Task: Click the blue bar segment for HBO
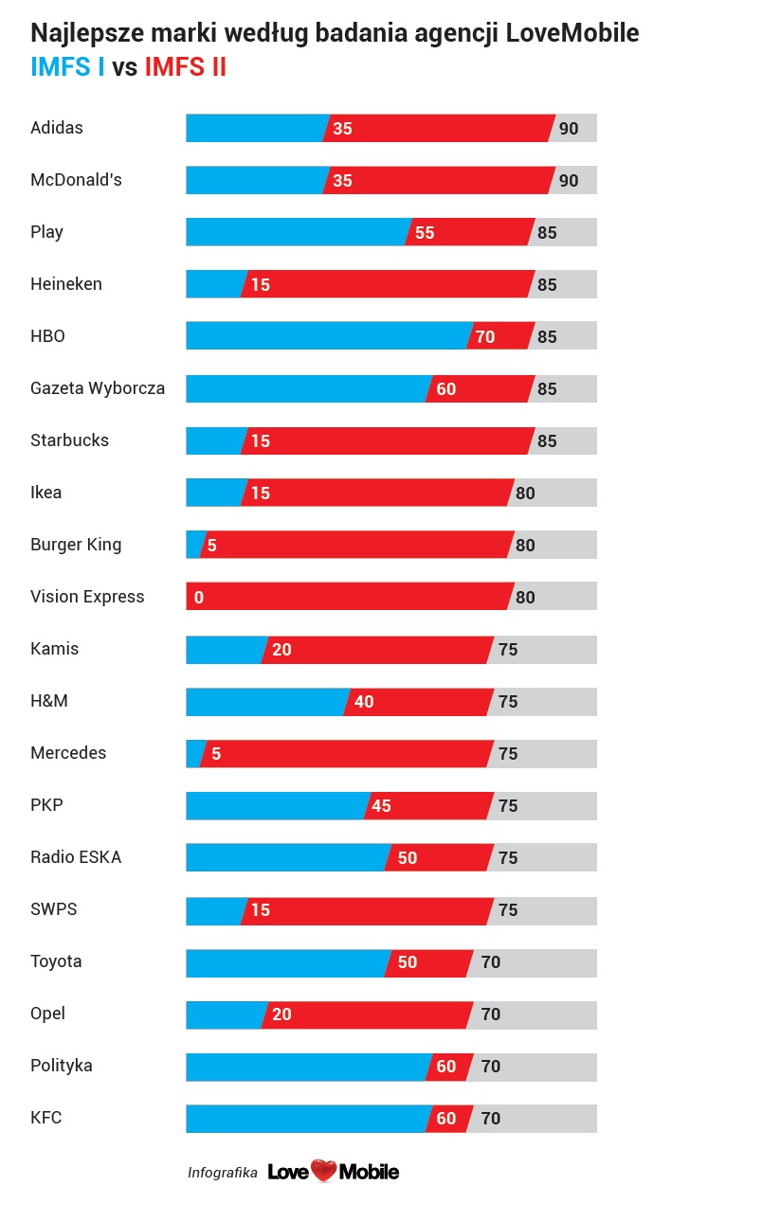(x=327, y=336)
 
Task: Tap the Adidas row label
(x=57, y=128)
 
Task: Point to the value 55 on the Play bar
(x=425, y=233)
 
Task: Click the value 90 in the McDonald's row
(x=569, y=181)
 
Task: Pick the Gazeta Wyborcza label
(x=98, y=388)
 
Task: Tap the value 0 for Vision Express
(x=199, y=598)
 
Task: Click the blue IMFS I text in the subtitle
(x=67, y=68)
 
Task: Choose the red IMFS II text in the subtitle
(x=185, y=68)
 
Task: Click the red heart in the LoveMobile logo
(x=324, y=1172)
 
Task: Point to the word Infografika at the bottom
(x=223, y=1173)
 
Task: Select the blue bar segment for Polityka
(x=308, y=1067)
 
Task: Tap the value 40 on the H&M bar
(x=364, y=702)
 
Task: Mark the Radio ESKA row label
(x=76, y=857)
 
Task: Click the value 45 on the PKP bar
(x=381, y=806)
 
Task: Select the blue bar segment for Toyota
(x=284, y=962)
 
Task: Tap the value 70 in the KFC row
(x=491, y=1119)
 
